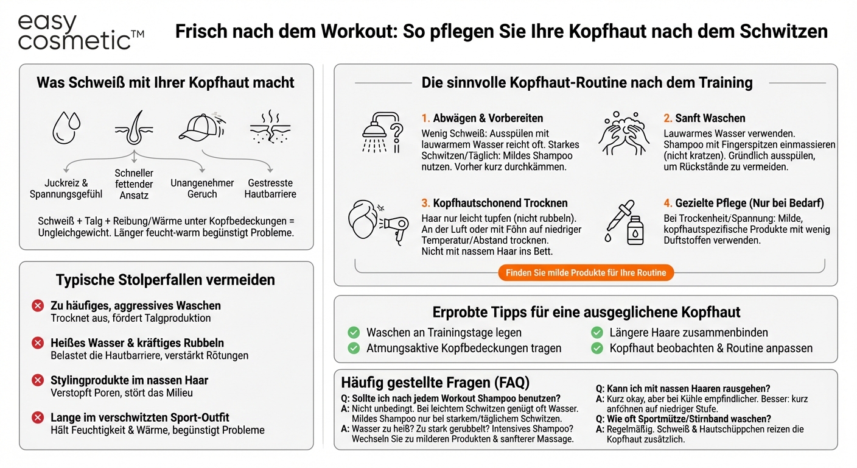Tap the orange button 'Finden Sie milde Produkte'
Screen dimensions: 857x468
[586, 273]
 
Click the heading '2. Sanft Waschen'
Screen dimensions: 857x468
[704, 118]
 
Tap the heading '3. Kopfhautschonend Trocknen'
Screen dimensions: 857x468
[494, 204]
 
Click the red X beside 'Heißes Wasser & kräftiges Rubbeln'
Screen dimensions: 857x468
[38, 343]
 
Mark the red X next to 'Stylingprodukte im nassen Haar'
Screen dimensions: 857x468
[38, 380]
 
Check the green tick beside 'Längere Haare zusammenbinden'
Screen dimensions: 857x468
[597, 333]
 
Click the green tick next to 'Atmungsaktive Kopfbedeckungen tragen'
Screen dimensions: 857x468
[354, 349]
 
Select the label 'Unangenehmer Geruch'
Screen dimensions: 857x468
[202, 188]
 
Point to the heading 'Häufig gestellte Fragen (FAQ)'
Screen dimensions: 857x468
[435, 383]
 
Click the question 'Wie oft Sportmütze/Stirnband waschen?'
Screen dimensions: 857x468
[689, 419]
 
